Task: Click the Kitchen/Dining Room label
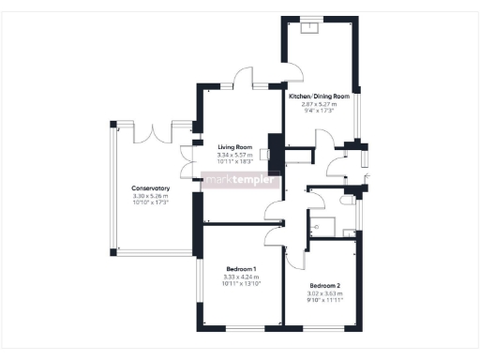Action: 319,97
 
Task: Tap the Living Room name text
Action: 235,147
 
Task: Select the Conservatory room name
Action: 150,188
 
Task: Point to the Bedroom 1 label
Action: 241,269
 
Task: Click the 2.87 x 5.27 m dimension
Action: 319,104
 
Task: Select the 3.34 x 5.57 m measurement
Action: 235,155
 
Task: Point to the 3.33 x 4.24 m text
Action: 241,277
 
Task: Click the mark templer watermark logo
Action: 242,179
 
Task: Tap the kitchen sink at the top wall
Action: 308,27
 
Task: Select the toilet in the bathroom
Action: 346,200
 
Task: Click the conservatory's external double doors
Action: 153,133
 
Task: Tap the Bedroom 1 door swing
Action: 274,235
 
